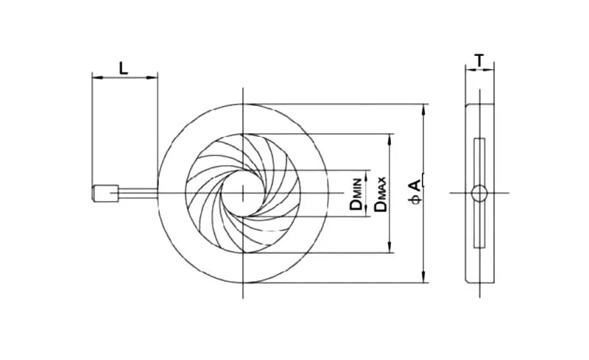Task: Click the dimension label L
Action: [124, 68]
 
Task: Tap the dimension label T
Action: [479, 60]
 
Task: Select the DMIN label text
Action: [356, 194]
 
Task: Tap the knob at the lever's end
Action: [105, 193]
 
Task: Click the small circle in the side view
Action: [479, 193]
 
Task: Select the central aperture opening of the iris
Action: [243, 193]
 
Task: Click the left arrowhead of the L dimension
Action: [97, 77]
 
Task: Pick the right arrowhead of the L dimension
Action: [152, 77]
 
